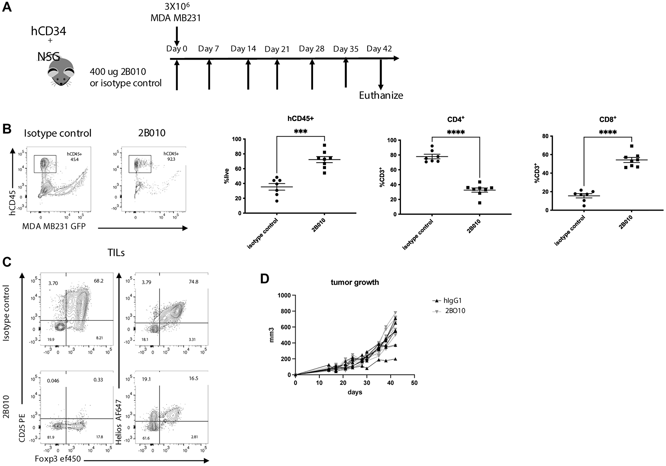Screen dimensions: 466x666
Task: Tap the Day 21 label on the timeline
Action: click(277, 49)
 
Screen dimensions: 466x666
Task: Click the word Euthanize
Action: click(381, 95)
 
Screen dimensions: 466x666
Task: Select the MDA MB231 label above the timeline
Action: click(176, 18)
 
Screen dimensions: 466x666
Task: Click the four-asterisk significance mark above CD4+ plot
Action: click(456, 132)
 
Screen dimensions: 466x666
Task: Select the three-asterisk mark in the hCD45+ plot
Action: click(301, 131)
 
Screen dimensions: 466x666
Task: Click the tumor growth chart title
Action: click(355, 282)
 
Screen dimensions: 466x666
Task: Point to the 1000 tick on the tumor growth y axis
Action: click(284, 295)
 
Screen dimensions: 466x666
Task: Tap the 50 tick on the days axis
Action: click(414, 383)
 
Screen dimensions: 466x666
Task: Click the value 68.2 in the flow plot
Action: click(99, 281)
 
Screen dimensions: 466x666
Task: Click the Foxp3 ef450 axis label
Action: click(58, 459)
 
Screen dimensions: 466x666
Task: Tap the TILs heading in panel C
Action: click(116, 253)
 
